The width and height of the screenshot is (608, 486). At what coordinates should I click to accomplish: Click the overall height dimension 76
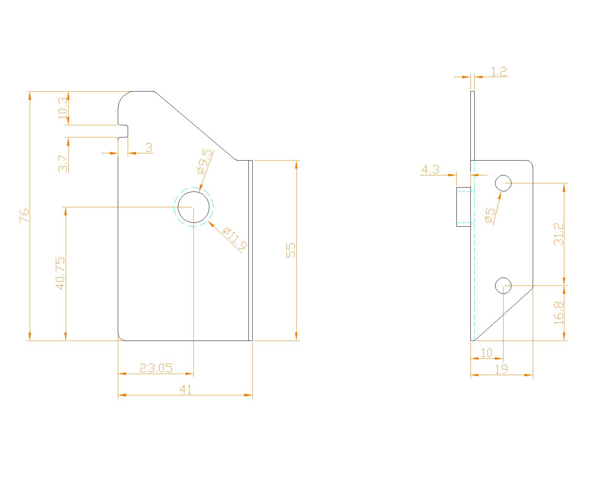pyautogui.click(x=25, y=216)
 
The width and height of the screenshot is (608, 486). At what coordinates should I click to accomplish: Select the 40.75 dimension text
pyautogui.click(x=60, y=273)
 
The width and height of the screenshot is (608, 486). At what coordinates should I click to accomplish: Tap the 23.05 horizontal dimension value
pyautogui.click(x=156, y=368)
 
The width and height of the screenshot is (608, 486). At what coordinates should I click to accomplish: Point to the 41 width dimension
pyautogui.click(x=185, y=390)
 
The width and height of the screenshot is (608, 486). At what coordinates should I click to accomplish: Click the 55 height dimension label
pyautogui.click(x=291, y=250)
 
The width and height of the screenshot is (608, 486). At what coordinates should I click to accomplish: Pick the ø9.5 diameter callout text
pyautogui.click(x=204, y=161)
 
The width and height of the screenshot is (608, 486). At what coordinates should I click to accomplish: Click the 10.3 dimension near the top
pyautogui.click(x=63, y=109)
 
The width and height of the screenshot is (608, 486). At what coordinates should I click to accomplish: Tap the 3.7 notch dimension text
pyautogui.click(x=63, y=164)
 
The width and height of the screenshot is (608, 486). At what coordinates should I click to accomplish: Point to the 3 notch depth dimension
pyautogui.click(x=149, y=147)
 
